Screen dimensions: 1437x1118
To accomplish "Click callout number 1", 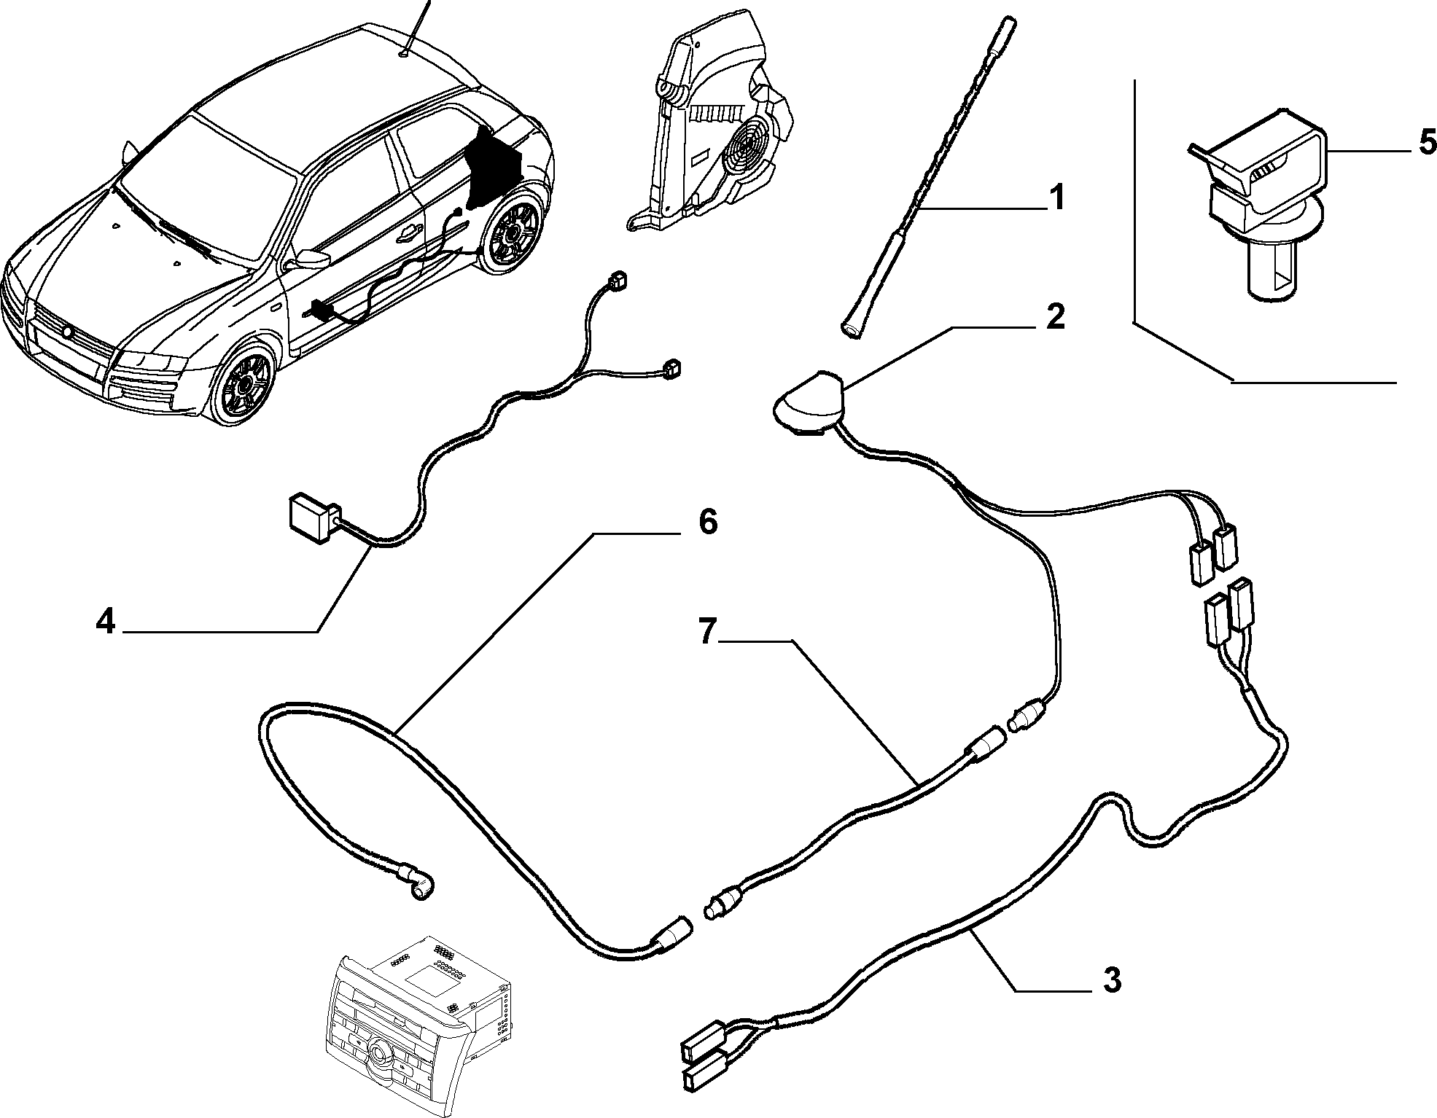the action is pyautogui.click(x=1056, y=198).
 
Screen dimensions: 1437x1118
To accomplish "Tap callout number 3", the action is pyautogui.click(x=1111, y=980).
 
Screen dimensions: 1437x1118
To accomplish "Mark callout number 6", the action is pyautogui.click(x=708, y=522).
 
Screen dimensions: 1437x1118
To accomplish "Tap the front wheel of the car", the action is pyautogui.click(x=245, y=380).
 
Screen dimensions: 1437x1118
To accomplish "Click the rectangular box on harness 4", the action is pyautogui.click(x=314, y=518).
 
